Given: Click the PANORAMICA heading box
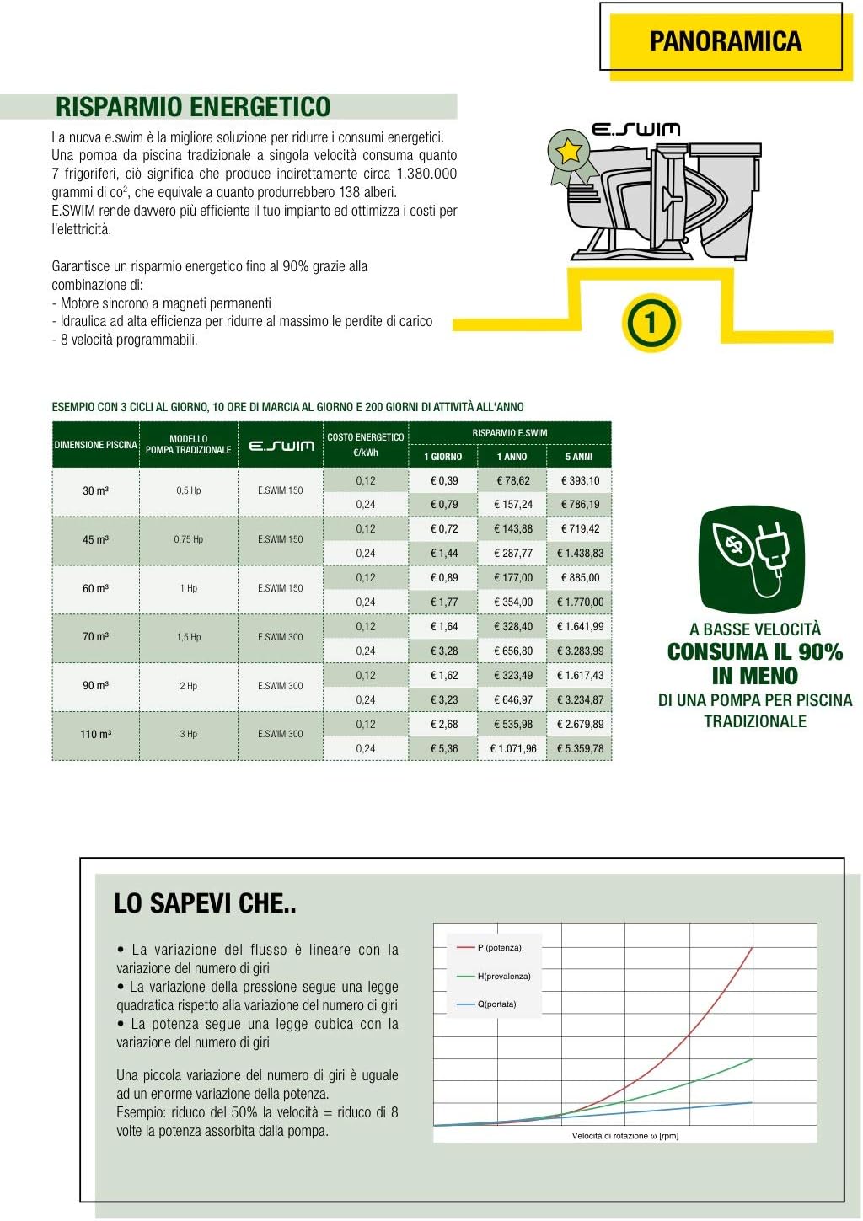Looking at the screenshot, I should click(725, 40).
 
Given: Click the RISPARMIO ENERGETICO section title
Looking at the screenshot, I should click(193, 107).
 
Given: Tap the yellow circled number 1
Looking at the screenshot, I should click(650, 322).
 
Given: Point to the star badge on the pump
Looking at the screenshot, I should click(569, 152).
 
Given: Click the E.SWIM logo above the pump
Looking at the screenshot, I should click(635, 130).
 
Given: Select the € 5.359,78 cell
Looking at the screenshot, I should click(580, 748).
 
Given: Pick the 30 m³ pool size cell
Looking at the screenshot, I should click(95, 490).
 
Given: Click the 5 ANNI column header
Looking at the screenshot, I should click(579, 457).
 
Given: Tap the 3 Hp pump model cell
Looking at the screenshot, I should click(188, 734).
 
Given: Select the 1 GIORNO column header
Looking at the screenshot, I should click(442, 457).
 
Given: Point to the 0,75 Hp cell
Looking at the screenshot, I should click(188, 539).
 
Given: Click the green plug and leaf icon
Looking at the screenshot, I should click(752, 560).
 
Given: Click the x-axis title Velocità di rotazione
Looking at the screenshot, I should click(624, 1136).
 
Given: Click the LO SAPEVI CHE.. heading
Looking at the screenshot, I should click(205, 903).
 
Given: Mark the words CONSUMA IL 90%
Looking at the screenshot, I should click(755, 652).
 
